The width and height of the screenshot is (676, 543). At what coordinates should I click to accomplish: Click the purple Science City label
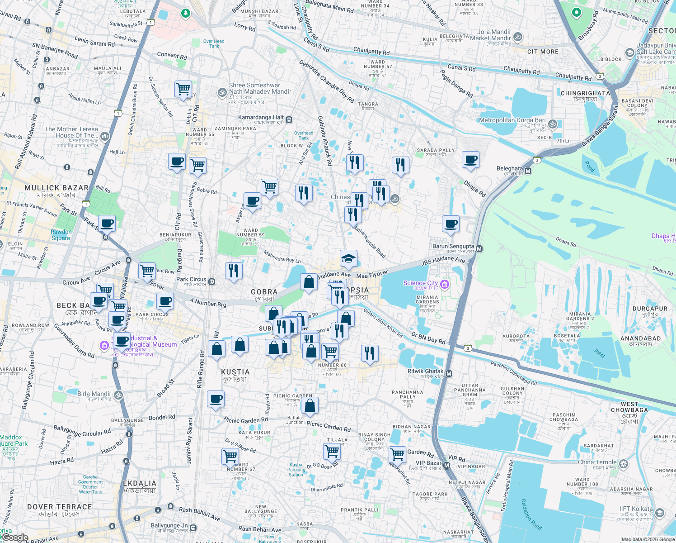pos(420,283)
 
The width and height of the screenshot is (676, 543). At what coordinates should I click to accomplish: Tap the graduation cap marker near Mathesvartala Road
pos(348,258)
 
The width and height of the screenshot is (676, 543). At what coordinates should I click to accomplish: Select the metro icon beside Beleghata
pos(528,171)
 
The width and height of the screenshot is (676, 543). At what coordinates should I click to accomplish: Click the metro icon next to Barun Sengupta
pos(479,248)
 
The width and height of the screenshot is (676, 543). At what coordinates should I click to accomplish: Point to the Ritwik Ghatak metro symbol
pos(449,373)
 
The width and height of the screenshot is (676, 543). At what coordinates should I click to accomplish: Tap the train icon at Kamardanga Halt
pos(289,120)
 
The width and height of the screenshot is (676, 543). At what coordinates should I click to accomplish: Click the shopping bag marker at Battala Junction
pos(310,405)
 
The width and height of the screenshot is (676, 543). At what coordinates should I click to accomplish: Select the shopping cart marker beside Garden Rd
pos(398,453)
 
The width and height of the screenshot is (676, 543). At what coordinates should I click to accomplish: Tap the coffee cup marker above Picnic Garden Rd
pos(216,399)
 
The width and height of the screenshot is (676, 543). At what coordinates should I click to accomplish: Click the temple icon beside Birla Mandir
pos(118,395)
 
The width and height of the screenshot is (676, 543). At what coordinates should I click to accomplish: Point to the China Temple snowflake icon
pos(624,464)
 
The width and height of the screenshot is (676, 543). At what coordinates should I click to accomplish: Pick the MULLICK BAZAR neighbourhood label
pos(56,188)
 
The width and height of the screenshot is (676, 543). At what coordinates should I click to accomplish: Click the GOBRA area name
pos(264,292)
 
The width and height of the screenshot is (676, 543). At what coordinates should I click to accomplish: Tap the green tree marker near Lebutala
pos(185,13)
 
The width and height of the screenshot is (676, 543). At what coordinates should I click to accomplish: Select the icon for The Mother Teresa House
pos(105,136)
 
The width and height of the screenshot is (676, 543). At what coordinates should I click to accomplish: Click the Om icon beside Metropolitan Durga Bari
pos(553,124)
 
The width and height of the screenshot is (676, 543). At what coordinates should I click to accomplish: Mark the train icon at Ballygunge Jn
pos(193,528)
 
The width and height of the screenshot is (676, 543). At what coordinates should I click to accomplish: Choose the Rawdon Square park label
pos(61,235)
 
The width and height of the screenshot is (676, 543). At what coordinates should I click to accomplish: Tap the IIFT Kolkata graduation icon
pos(659,513)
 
